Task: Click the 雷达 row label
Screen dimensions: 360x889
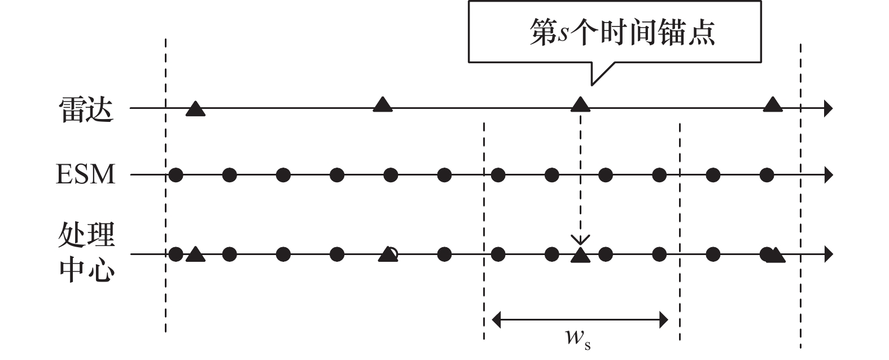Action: click(86, 109)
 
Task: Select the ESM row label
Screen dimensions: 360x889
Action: click(85, 174)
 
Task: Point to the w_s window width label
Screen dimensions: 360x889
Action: click(578, 339)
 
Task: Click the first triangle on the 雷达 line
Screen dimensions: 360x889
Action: click(195, 109)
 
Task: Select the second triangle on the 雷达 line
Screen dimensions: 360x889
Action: click(383, 104)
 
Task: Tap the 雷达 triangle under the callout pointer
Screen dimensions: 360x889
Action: click(580, 104)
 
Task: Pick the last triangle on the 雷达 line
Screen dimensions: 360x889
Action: click(773, 104)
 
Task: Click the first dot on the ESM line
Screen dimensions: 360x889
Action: click(176, 175)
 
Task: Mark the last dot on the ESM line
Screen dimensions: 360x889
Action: click(767, 175)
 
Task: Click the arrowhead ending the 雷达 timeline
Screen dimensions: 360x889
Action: click(828, 108)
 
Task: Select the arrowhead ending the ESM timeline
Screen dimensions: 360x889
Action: click(828, 175)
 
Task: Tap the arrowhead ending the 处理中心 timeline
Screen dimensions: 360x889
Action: click(828, 254)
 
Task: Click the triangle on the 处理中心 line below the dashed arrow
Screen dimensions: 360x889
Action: click(580, 256)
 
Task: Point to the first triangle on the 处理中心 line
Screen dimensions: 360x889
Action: click(195, 255)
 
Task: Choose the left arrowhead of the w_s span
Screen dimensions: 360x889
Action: click(497, 321)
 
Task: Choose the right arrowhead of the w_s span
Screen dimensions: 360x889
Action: click(664, 321)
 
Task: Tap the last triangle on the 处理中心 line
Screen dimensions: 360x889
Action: click(777, 256)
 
